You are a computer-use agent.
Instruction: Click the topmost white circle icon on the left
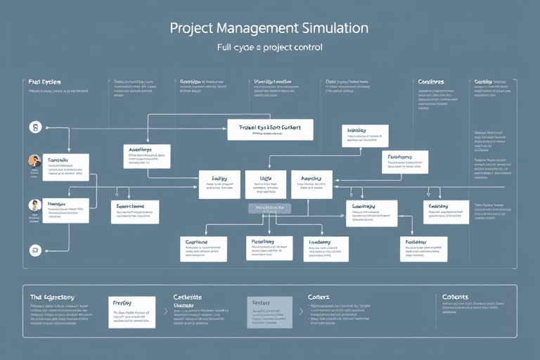click(x=34, y=127)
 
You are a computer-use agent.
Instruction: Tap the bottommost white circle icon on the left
click(x=34, y=250)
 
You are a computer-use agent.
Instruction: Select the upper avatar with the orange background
click(x=34, y=161)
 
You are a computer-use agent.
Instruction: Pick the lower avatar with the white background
click(x=34, y=205)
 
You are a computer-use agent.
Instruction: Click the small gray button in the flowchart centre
click(x=269, y=209)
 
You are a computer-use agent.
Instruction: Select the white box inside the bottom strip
click(x=131, y=311)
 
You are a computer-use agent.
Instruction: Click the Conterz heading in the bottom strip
click(x=319, y=297)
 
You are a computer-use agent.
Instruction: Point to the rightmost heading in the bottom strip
click(x=455, y=297)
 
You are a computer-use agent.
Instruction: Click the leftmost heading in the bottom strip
click(x=52, y=297)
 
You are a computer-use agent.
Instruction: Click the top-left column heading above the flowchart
click(x=44, y=82)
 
